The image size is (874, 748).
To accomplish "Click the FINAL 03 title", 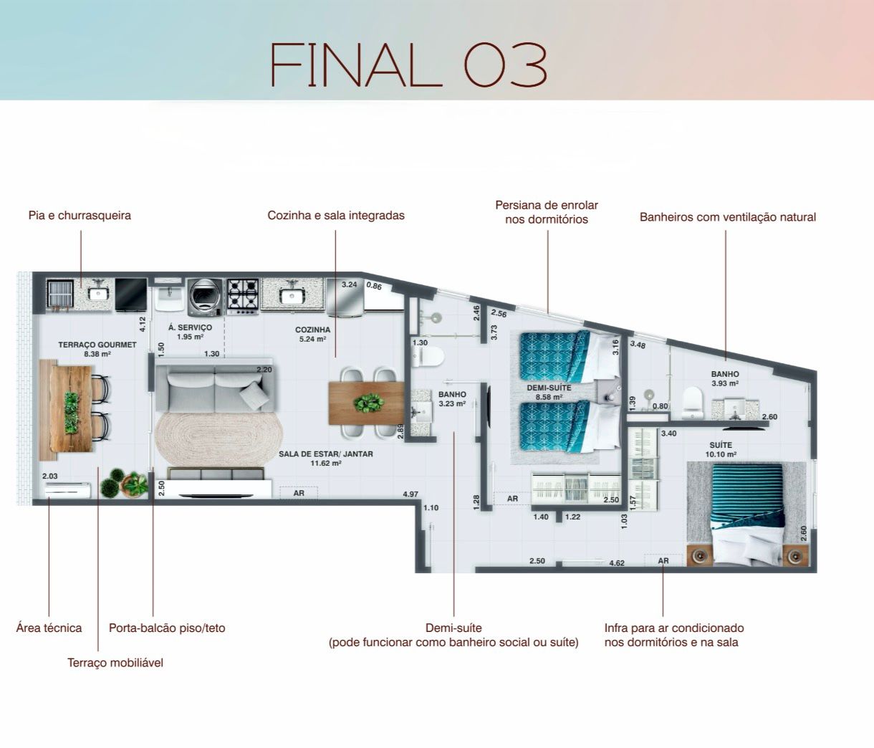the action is tap(408, 64).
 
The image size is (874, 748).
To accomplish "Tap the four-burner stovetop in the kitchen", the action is tap(243, 297).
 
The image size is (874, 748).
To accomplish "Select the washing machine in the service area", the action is tap(205, 297).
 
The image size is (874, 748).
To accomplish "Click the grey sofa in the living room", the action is tap(216, 385).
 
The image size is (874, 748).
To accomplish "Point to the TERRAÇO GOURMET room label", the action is tap(97, 345).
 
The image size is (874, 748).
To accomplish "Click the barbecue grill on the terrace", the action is tap(60, 294).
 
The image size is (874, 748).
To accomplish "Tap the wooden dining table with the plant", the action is tap(366, 403).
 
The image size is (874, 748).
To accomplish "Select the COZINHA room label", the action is tap(312, 330).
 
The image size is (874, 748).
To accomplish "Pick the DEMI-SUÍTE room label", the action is tap(549, 388).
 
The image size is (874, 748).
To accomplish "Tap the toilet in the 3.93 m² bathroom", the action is tap(693, 403).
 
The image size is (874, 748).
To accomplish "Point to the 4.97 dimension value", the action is tap(410, 494).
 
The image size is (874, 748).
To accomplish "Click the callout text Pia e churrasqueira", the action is tap(80, 216).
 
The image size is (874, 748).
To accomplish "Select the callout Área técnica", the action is tap(49, 628).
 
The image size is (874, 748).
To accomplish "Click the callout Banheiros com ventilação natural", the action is tap(728, 217).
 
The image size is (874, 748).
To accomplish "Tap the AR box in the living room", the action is tap(299, 493).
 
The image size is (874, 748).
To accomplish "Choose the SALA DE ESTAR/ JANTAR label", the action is tap(325, 454).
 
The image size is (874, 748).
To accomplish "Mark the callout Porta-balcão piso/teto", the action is tap(167, 628).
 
